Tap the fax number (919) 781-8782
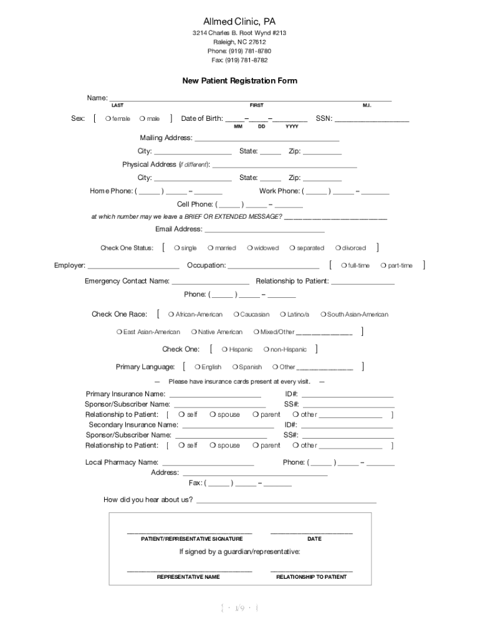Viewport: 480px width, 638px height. coord(239,60)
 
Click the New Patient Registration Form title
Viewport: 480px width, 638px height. coord(239,81)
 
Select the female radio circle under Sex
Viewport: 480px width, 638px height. coord(108,119)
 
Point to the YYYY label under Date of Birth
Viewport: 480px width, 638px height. coord(292,126)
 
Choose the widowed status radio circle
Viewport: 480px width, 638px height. coord(249,248)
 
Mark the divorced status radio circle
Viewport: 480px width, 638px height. coord(337,248)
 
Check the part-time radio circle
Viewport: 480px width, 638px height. coord(383,265)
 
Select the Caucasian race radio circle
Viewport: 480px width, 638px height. coord(236,315)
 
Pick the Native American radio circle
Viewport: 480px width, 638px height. coord(194,332)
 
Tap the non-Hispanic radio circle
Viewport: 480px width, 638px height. coord(266,350)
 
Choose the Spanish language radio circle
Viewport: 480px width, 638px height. coord(234,367)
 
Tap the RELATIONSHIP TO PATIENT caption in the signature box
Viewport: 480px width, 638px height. coord(311,577)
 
